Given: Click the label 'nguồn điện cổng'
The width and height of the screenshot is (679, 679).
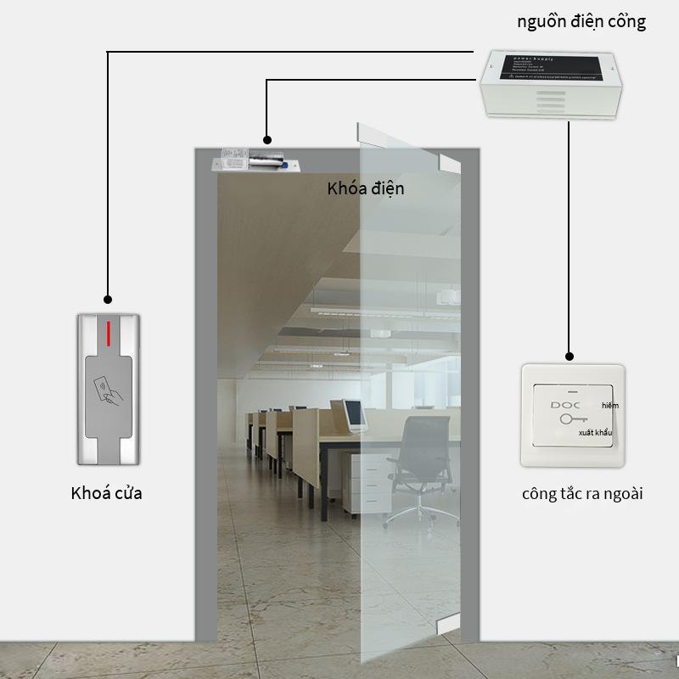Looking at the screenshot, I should [x=581, y=22].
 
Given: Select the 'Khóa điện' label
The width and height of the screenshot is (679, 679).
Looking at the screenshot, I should [x=366, y=188].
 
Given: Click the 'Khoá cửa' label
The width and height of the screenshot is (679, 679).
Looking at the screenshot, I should [x=106, y=492].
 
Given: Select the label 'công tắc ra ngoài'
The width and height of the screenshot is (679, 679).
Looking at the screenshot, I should [x=581, y=493].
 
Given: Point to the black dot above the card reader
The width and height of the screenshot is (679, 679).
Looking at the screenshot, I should [x=108, y=299].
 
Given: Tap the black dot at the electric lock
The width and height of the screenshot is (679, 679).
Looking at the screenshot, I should [x=267, y=138].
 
